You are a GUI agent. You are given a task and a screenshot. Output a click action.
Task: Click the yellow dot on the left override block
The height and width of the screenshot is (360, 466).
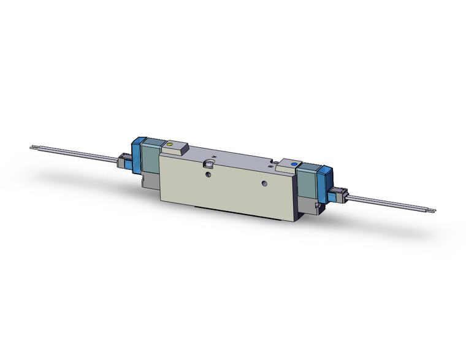coord(170,145)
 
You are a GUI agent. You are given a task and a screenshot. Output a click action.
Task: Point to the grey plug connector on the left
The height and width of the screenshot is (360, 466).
coord(124,163)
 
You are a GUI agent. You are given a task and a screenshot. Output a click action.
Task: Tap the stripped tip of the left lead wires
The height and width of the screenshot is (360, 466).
coord(33,147)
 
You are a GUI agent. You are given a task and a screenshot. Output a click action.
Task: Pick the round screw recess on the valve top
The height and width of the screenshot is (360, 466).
coord(208,165)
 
